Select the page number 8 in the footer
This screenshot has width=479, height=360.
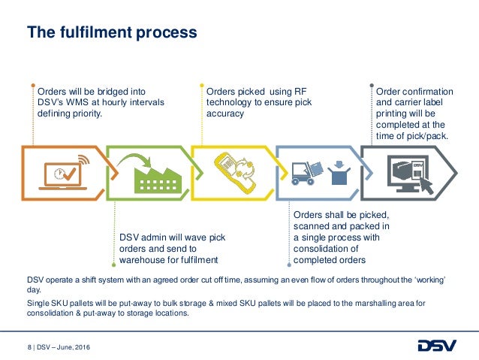[x=29, y=346]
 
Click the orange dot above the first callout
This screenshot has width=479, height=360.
[x=34, y=84]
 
